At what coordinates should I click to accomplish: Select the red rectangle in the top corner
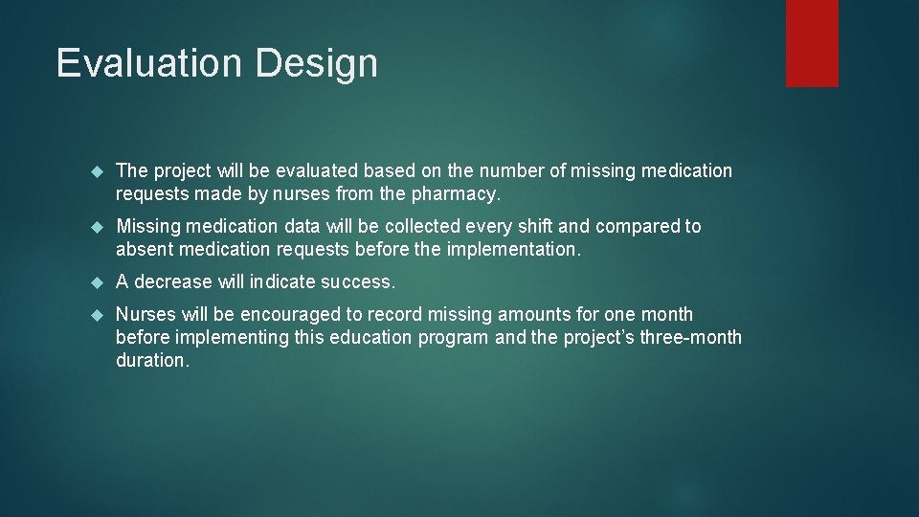pyautogui.click(x=812, y=43)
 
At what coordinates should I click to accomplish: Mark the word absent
pyautogui.click(x=143, y=250)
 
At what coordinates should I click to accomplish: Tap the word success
pyautogui.click(x=359, y=282)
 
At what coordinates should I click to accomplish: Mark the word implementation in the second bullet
pyautogui.click(x=513, y=250)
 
